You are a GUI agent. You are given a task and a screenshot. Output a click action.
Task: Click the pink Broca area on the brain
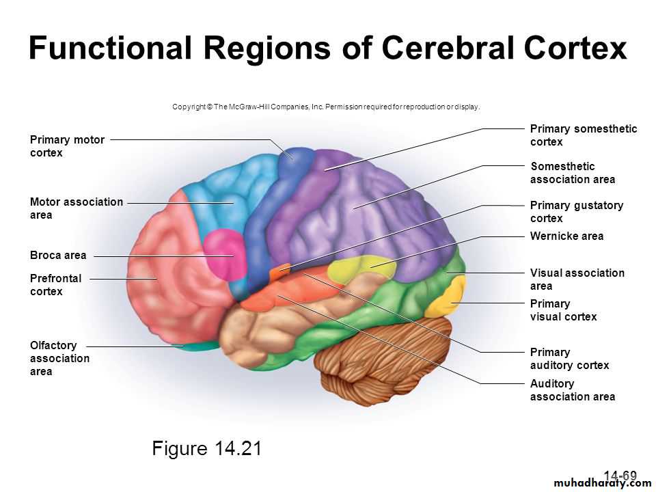pyautogui.click(x=225, y=254)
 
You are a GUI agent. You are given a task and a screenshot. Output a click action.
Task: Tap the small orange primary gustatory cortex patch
pyautogui.click(x=279, y=272)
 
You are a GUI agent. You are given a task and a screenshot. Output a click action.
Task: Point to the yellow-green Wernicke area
pyautogui.click(x=361, y=268)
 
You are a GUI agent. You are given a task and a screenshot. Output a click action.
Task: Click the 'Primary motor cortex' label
pyautogui.click(x=67, y=146)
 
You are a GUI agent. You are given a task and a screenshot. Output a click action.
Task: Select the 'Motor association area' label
pyautogui.click(x=76, y=208)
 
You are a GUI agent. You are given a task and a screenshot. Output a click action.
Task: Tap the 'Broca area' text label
pyautogui.click(x=58, y=255)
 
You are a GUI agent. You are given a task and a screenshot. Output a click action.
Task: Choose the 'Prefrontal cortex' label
pyautogui.click(x=55, y=285)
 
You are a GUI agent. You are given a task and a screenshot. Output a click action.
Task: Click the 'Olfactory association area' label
pyautogui.click(x=59, y=358)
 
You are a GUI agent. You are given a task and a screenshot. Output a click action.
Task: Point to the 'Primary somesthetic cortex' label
pyautogui.click(x=584, y=135)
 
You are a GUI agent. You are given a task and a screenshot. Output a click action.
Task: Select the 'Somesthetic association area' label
pyautogui.click(x=573, y=173)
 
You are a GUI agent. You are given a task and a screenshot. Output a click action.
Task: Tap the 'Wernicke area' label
pyautogui.click(x=567, y=236)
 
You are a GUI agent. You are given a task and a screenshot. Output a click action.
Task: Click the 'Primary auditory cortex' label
pyautogui.click(x=569, y=359)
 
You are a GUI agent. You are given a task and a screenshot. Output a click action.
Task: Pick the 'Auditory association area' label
pyautogui.click(x=573, y=390)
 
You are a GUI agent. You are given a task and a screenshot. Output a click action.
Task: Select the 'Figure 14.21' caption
pyautogui.click(x=206, y=448)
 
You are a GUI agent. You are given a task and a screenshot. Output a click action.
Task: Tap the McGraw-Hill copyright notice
pyautogui.click(x=326, y=107)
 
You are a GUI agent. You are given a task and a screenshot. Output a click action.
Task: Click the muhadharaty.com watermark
pyautogui.click(x=603, y=483)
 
